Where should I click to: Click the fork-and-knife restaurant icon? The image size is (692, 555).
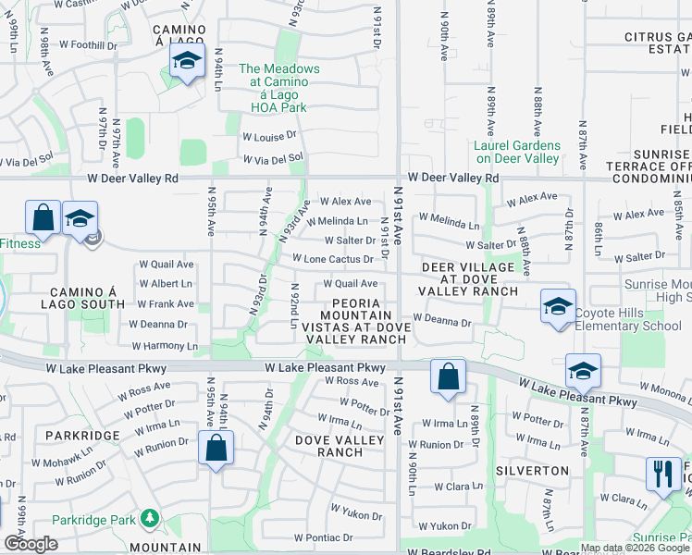pyautogui.click(x=662, y=475)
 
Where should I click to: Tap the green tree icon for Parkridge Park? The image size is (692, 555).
pyautogui.click(x=147, y=519)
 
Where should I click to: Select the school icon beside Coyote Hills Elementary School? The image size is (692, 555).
pyautogui.click(x=559, y=307)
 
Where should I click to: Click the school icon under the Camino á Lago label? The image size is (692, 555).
pyautogui.click(x=187, y=62)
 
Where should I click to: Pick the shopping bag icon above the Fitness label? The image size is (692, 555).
pyautogui.click(x=43, y=219)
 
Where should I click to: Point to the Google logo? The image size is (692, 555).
pyautogui.click(x=31, y=544)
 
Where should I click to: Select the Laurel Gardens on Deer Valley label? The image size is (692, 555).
pyautogui.click(x=517, y=152)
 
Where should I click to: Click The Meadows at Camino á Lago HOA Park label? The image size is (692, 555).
pyautogui.click(x=279, y=82)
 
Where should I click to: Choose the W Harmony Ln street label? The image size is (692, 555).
pyautogui.click(x=165, y=346)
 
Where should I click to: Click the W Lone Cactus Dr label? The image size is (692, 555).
pyautogui.click(x=333, y=260)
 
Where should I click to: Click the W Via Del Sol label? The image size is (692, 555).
pyautogui.click(x=273, y=158)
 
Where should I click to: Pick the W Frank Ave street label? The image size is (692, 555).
pyautogui.click(x=166, y=303)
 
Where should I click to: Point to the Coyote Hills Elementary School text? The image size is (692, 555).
pyautogui.click(x=628, y=319)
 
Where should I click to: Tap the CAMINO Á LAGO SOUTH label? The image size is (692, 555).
pyautogui.click(x=83, y=298)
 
